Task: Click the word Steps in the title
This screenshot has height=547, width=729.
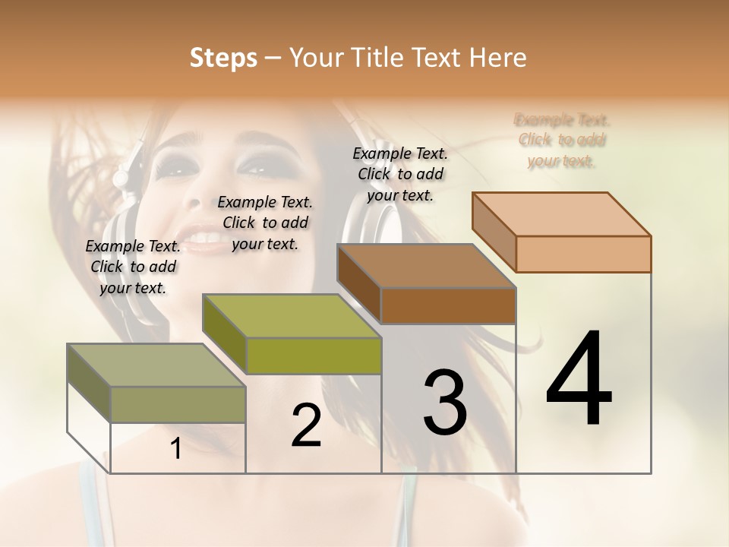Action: pos(223,58)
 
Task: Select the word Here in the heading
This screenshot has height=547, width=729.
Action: pos(497,58)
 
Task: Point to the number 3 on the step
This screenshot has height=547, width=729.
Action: pos(445,402)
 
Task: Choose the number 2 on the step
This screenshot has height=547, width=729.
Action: pos(306,425)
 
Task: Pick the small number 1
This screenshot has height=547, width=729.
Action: pos(175,449)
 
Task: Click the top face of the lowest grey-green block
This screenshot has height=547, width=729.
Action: pos(144,365)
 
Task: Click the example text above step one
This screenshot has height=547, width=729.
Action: pos(133,267)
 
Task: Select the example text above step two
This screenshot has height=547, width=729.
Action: pos(265,223)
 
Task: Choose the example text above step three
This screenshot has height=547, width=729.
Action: pos(400,174)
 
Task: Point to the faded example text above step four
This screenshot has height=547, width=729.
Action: pos(562,140)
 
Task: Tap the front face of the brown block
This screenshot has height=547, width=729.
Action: pos(448,306)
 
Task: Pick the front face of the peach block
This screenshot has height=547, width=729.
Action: pos(583,254)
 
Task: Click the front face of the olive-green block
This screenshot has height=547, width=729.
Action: pos(314,356)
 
